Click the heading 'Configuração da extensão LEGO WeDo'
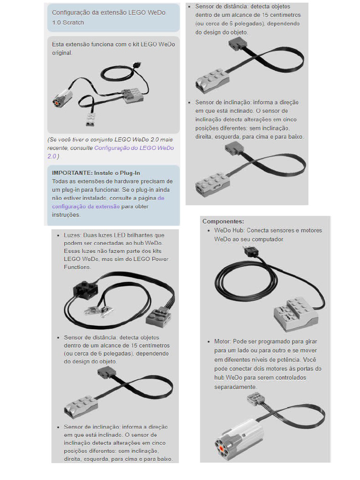coord(109,13)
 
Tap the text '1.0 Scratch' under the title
coord(68,22)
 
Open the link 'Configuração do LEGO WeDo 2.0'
coord(134,148)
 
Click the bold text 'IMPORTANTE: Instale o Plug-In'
coord(96,173)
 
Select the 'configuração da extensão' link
coord(86,206)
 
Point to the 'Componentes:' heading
coord(223,221)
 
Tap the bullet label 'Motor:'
coord(222,342)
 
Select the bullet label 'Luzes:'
coord(73,235)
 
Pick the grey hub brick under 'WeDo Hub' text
coord(295,311)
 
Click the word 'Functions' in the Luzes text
coord(77,267)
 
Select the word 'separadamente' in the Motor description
coord(235,387)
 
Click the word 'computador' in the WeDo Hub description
coord(268,239)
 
